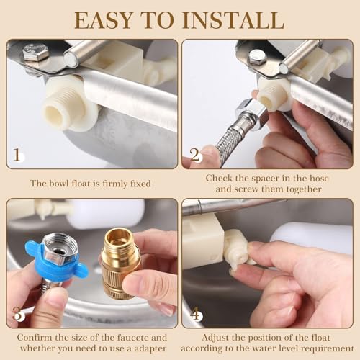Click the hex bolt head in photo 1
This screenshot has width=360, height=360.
point(35,53)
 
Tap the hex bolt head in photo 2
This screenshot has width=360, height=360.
point(257,57)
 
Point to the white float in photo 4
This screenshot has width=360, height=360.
point(317,238)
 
